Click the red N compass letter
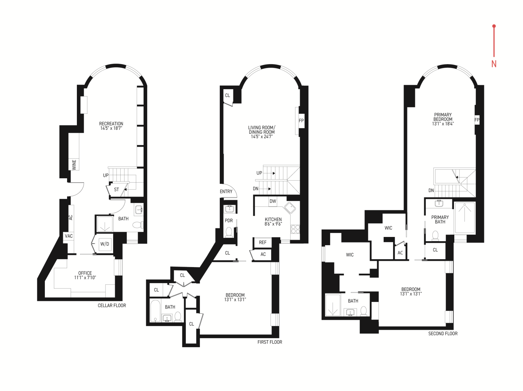pos(494,64)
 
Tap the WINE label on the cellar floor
pos(74,164)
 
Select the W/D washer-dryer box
pos(105,244)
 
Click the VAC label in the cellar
pos(69,236)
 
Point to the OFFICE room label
pos(85,273)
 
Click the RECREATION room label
pos(111,124)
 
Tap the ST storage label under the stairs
pos(116,190)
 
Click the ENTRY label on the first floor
pos(226,192)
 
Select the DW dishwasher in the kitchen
pos(273,201)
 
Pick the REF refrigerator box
pos(263,242)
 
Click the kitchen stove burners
pos(295,229)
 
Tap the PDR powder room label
pos(229,221)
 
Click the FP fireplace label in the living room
pos(301,121)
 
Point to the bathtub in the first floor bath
pos(156,311)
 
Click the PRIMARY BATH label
pos(440,219)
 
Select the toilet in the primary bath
pos(435,235)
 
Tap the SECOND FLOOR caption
pos(443,334)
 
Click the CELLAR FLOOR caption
pos(112,305)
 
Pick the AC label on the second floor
pos(400,253)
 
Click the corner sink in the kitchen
pos(290,208)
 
